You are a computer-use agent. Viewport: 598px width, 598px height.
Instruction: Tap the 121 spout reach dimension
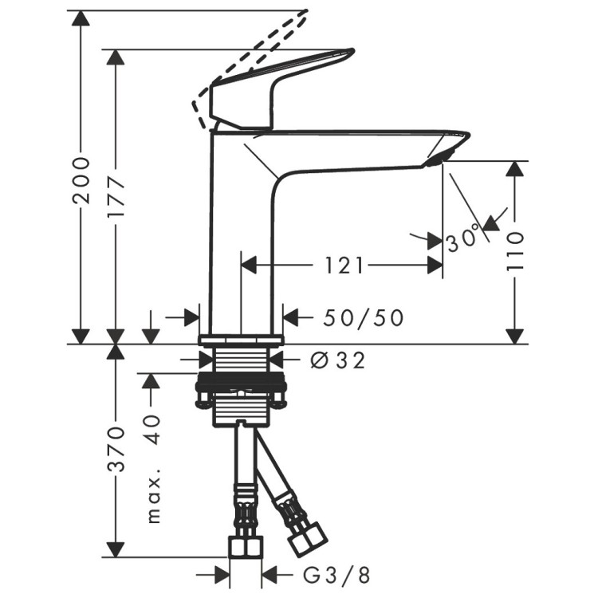344,265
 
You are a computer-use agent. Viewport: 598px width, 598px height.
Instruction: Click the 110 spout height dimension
516,253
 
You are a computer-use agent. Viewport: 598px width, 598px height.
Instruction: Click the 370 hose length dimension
117,450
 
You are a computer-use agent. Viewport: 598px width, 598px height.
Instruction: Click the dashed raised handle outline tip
303,14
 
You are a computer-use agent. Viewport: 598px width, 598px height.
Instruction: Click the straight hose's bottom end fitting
245,547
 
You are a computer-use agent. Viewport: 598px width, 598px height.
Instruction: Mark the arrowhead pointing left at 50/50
291,318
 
